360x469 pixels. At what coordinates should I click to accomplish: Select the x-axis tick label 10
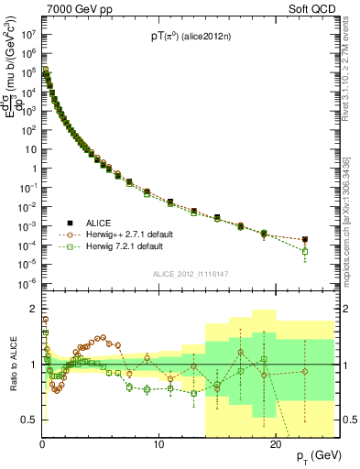click(x=158, y=443)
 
